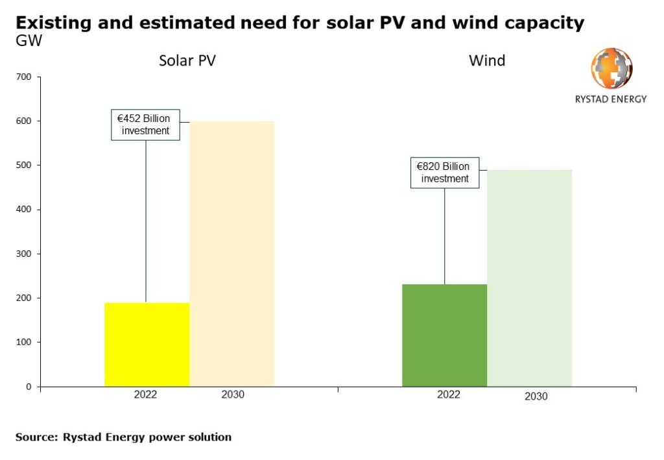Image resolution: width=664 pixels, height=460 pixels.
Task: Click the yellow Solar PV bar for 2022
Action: coord(147,345)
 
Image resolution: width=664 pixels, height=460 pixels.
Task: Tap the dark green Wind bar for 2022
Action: coord(444,335)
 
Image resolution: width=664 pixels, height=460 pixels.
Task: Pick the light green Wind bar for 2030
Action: coord(529,278)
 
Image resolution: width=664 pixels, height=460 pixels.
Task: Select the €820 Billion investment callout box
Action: coord(445,173)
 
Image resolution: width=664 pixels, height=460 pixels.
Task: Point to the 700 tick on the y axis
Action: coord(25,77)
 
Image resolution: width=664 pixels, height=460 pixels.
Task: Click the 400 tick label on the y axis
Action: coord(25,210)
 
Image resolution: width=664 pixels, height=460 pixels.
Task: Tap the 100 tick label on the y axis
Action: coord(25,342)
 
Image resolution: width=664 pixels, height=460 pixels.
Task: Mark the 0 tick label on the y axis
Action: coord(29,387)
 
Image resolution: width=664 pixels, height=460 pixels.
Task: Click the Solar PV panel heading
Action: coord(187,61)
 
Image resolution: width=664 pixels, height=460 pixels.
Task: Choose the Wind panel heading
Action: coord(487,61)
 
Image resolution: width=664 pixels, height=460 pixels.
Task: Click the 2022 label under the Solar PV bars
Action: coord(146,394)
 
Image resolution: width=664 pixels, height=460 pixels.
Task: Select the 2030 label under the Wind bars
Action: coord(536,396)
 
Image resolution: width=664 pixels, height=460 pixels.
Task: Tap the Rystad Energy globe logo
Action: coord(611,68)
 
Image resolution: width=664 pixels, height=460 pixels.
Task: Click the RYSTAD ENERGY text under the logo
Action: coord(611,99)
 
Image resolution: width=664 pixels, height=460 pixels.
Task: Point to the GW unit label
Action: coord(29,40)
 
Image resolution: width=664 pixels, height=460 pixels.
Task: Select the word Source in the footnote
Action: coord(36,437)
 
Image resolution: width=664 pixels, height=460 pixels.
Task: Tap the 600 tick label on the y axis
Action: coord(25,121)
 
